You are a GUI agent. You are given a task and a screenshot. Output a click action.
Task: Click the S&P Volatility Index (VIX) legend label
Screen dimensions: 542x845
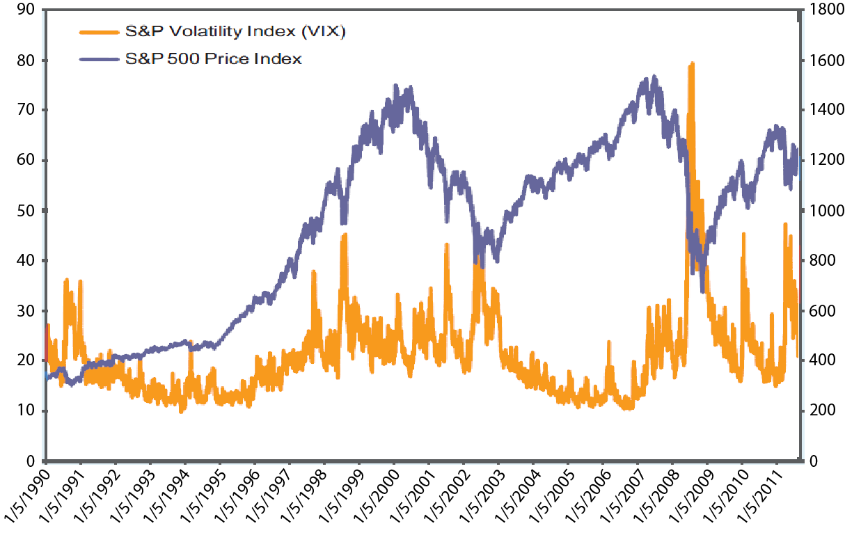(235, 32)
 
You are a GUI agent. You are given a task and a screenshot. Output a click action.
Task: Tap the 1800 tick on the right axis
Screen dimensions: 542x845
(823, 10)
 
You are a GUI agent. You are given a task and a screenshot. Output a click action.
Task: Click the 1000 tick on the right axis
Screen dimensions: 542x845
(823, 210)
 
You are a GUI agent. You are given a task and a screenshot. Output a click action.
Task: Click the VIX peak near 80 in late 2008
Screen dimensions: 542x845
(691, 63)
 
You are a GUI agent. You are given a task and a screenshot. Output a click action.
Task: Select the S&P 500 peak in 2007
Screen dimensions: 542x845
(654, 77)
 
